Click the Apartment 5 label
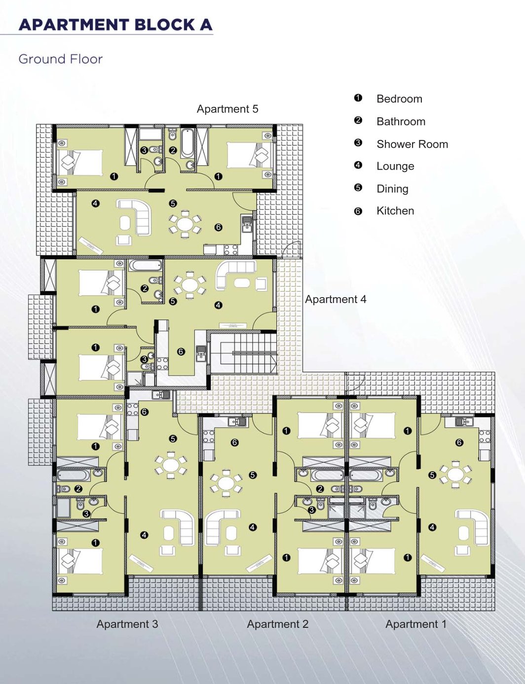click(x=227, y=109)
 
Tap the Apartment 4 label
click(x=336, y=299)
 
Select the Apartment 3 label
click(x=127, y=624)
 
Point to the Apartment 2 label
click(x=277, y=624)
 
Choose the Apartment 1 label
click(x=416, y=624)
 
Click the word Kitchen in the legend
click(x=395, y=211)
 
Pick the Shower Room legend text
click(x=412, y=144)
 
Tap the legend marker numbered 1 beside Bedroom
click(x=358, y=98)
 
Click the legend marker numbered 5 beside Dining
click(x=358, y=188)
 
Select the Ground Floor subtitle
click(x=61, y=59)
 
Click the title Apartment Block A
click(x=115, y=25)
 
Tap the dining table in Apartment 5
click(x=185, y=224)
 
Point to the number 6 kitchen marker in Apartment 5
click(x=219, y=227)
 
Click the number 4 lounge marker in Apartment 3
click(x=145, y=535)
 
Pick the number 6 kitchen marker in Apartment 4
click(x=181, y=351)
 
